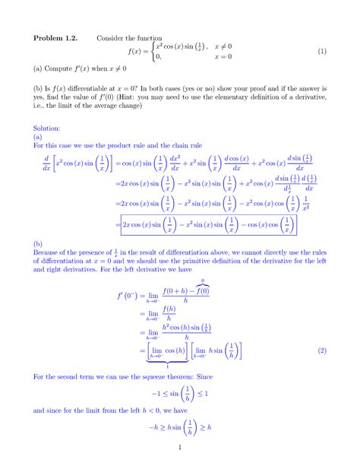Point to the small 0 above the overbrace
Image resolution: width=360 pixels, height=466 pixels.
pos(202,281)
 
